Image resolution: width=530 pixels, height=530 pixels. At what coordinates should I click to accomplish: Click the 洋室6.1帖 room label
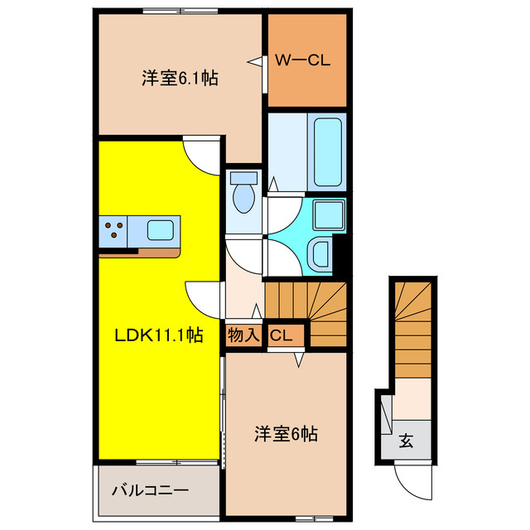[180, 79]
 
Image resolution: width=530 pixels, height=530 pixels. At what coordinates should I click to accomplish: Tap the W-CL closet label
[303, 60]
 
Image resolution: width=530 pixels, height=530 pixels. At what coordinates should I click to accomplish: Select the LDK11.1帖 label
[158, 335]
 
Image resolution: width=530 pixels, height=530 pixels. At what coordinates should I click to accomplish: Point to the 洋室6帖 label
[286, 432]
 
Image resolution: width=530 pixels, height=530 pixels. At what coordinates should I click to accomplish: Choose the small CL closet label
[281, 335]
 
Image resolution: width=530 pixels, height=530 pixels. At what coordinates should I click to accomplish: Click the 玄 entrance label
[407, 441]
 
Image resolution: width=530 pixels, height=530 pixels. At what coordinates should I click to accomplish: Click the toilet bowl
[243, 196]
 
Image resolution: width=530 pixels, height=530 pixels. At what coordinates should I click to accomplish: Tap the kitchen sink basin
[161, 229]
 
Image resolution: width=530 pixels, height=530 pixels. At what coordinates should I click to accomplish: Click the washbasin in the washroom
[318, 253]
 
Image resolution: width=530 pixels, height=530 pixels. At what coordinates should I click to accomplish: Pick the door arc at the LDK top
[201, 154]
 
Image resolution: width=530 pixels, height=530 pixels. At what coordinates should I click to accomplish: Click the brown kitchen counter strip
[137, 252]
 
